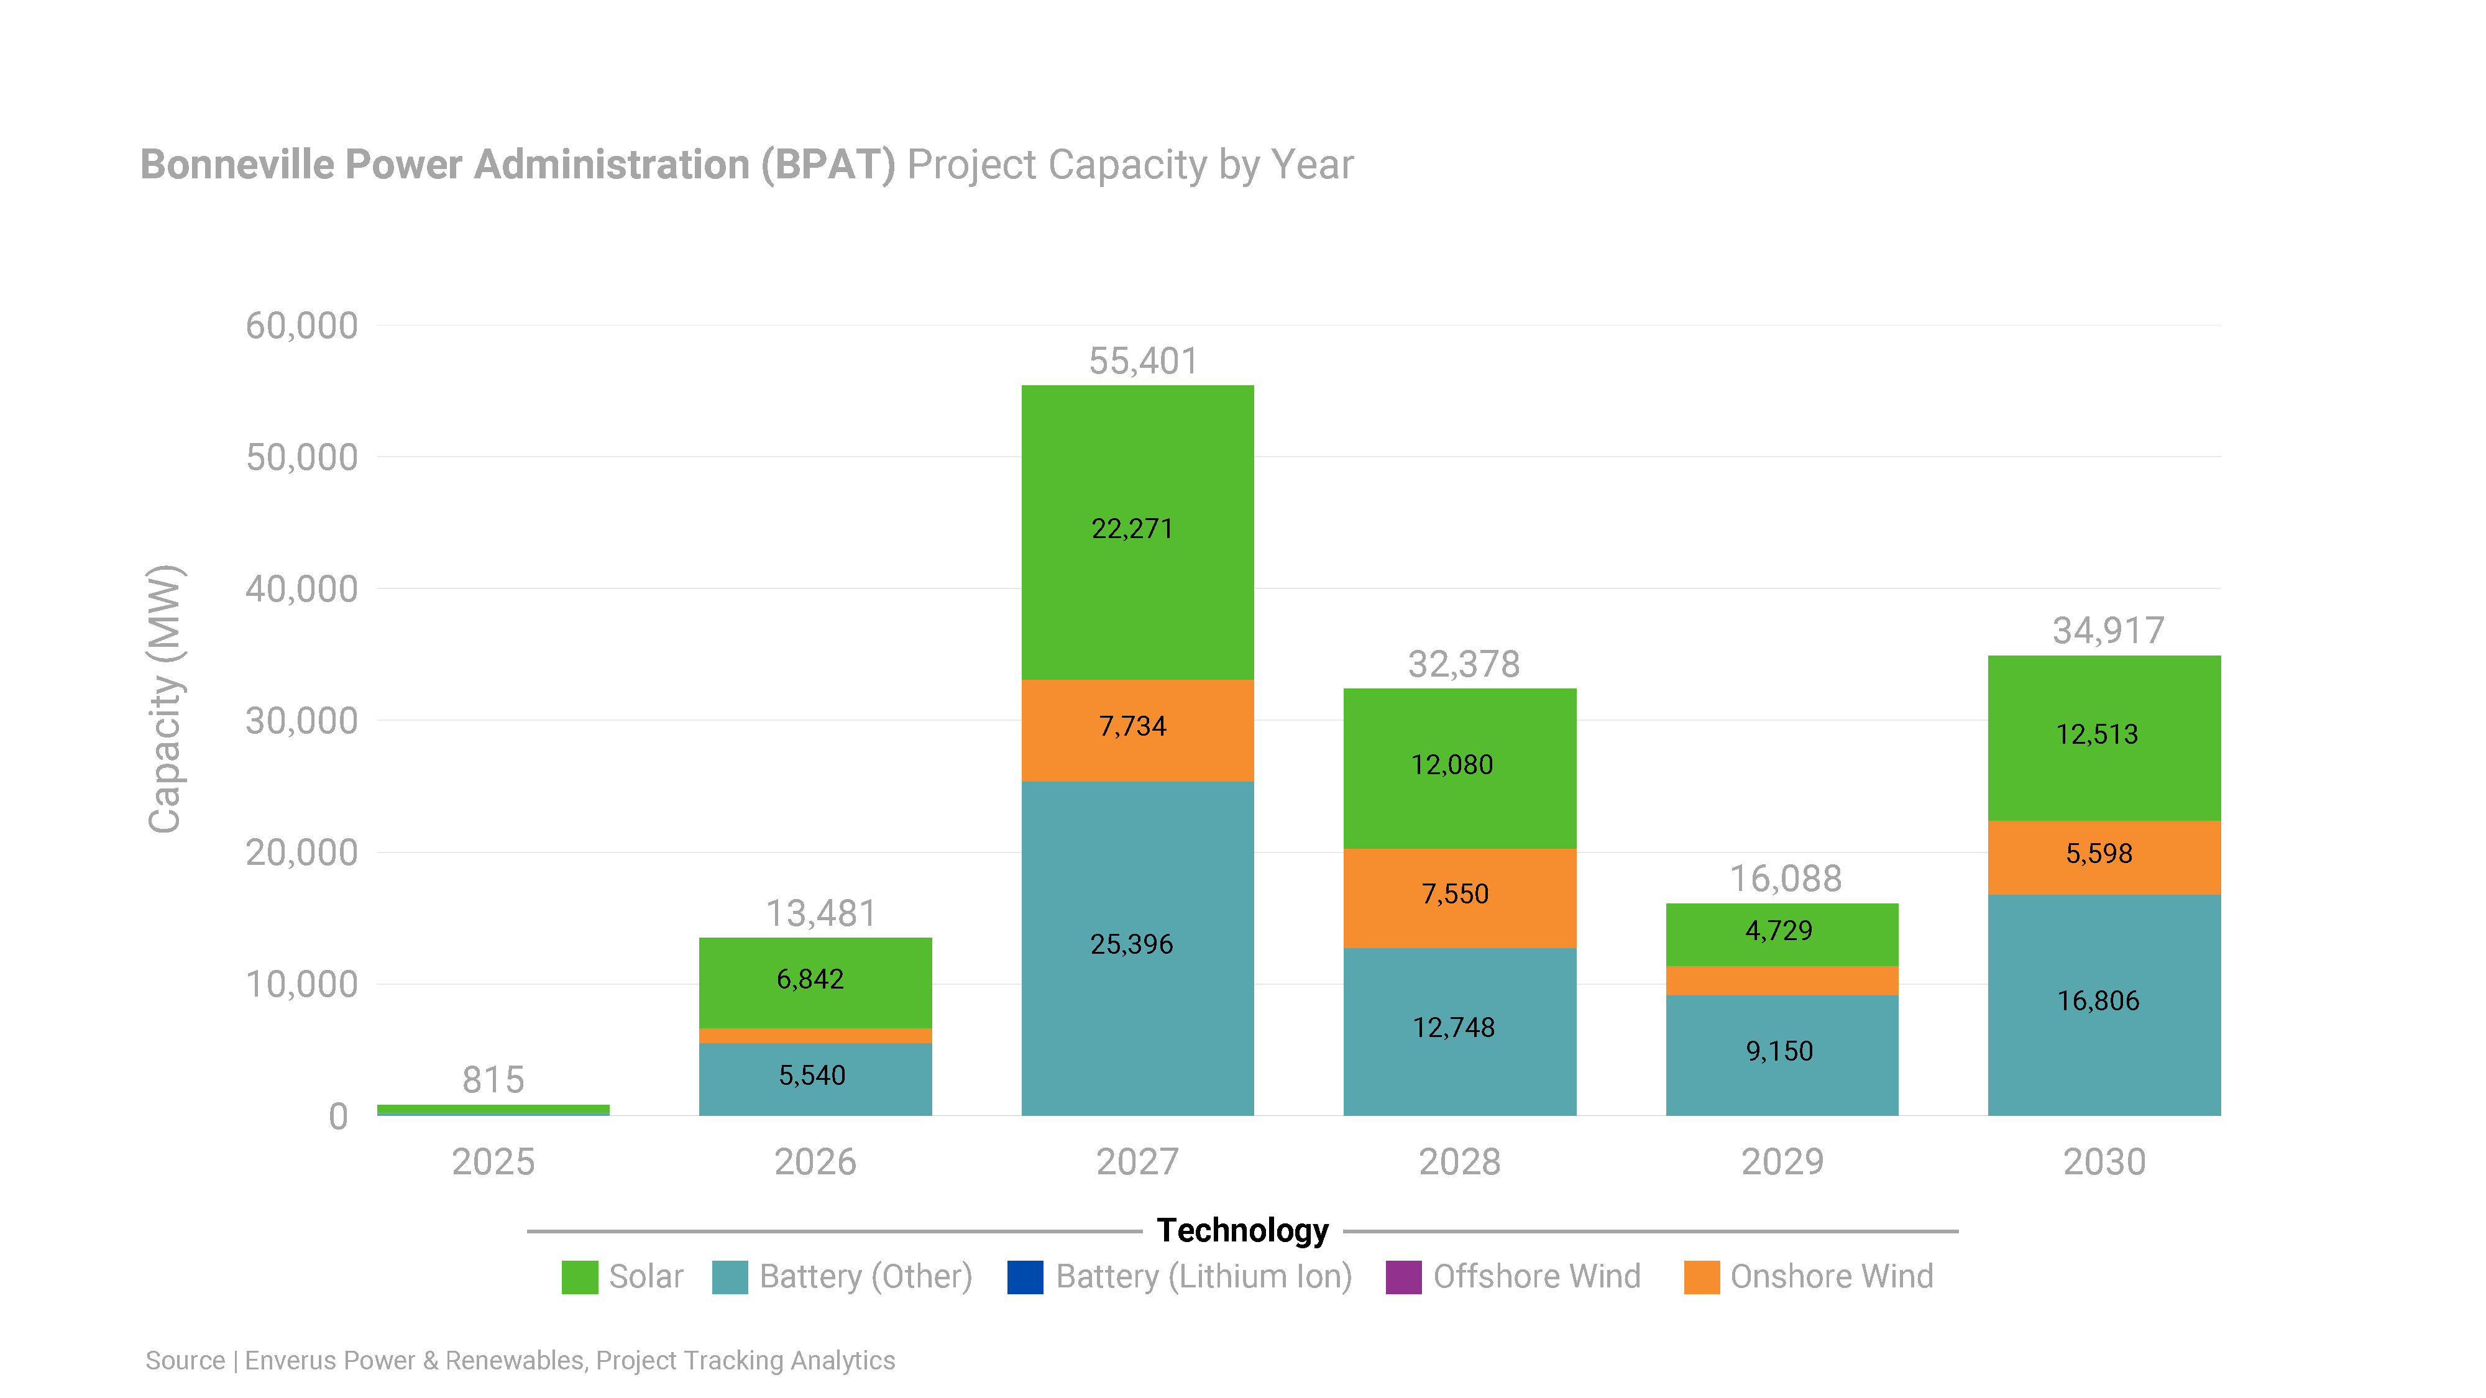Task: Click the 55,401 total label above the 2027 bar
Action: (x=1143, y=362)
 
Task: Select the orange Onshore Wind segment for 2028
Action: (x=1459, y=897)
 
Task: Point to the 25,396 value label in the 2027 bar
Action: (x=1131, y=944)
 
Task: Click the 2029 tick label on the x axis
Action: (x=1781, y=1162)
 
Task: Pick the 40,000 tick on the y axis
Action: (x=301, y=588)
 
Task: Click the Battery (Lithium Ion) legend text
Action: (x=1203, y=1276)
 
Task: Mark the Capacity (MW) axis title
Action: (x=164, y=698)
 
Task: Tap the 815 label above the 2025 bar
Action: (x=493, y=1080)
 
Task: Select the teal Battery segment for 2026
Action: (x=815, y=1079)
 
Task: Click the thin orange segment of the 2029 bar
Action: (x=1781, y=980)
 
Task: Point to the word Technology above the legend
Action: (x=1242, y=1230)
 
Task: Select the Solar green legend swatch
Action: (x=579, y=1276)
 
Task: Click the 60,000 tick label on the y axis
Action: (x=301, y=326)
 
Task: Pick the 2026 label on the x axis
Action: (x=815, y=1162)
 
